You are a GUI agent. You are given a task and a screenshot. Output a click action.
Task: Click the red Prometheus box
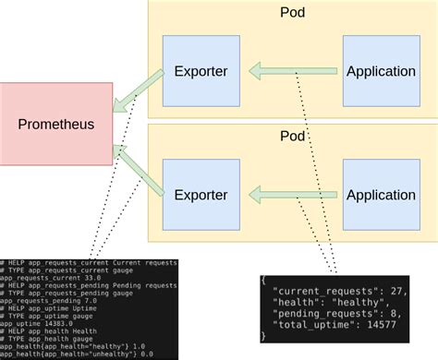point(56,124)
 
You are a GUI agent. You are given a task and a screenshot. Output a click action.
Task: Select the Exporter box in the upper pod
point(201,71)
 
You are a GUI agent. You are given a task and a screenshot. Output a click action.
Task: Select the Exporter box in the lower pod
point(201,195)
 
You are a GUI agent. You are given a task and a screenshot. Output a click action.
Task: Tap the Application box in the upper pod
point(380,71)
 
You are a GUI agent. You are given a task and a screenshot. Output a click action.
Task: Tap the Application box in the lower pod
point(380,195)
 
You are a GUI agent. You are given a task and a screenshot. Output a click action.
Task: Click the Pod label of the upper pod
point(293,12)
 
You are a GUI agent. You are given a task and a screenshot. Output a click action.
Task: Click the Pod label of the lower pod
point(293,136)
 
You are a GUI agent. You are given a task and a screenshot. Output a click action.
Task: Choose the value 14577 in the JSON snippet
point(382,325)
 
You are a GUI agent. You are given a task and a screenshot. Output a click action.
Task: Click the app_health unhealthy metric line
point(74,353)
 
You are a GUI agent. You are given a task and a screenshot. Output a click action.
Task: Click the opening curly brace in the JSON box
point(264,279)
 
